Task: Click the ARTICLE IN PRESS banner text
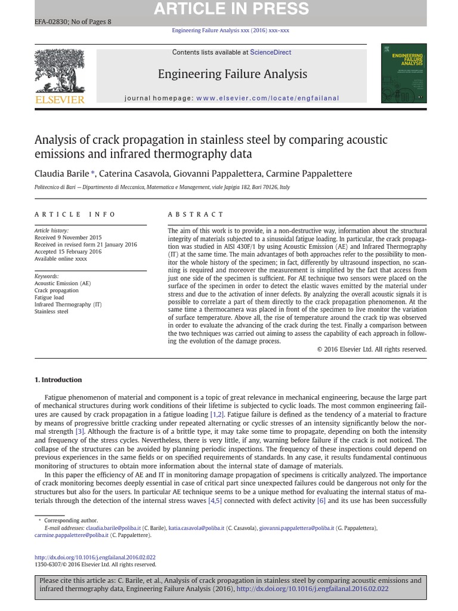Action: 231,9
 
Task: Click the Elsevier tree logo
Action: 60,72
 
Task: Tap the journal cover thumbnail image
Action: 404,73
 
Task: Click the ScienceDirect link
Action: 271,53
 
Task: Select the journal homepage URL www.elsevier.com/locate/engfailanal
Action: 267,98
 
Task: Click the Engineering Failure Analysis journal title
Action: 232,74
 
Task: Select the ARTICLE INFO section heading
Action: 75,214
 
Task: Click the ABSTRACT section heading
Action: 196,214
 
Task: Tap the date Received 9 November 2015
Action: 68,237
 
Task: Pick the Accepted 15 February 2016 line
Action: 68,252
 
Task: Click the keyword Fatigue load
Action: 49,297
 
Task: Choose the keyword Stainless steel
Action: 51,311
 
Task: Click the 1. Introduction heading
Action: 58,379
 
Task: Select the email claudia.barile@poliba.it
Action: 113,528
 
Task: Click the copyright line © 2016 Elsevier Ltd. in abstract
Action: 372,349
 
